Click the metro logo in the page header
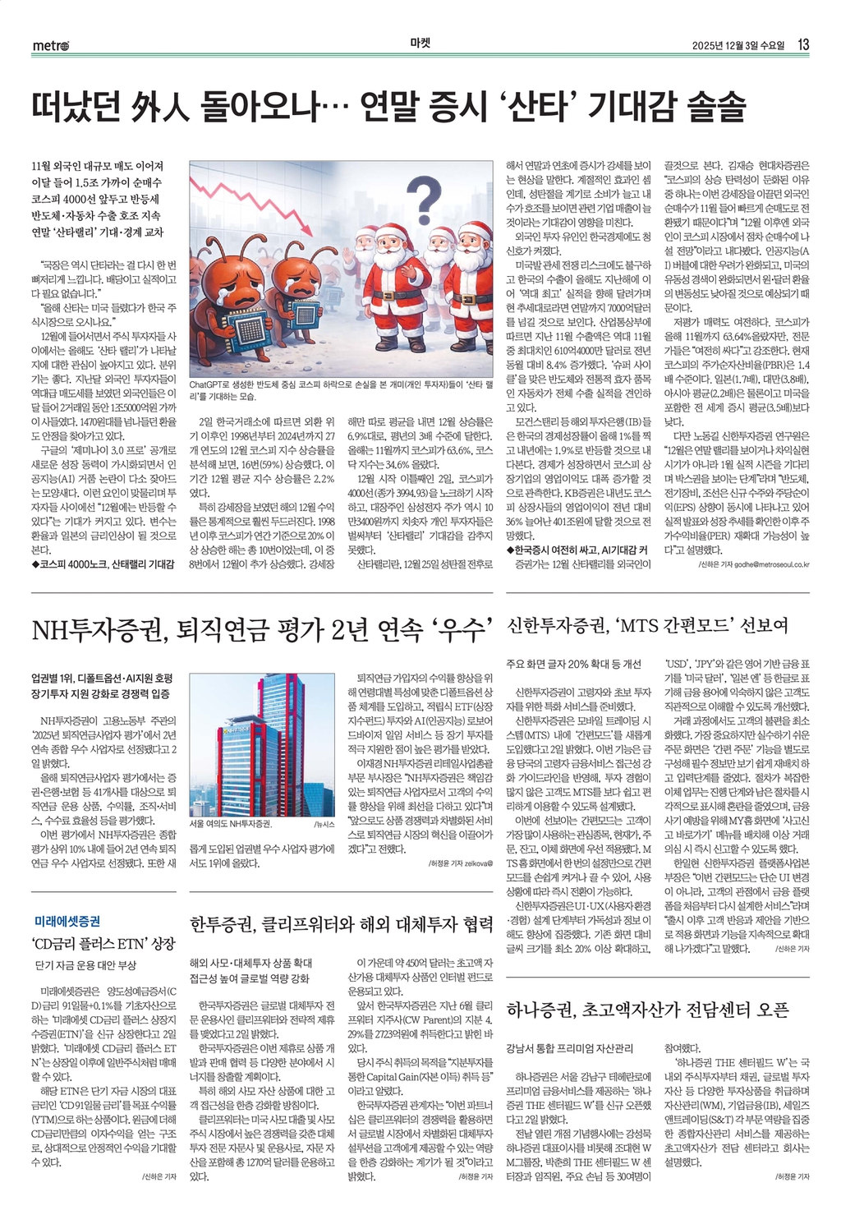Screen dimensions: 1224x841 click(51, 46)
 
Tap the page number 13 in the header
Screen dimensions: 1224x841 click(803, 44)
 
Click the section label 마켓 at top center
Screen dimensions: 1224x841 click(420, 44)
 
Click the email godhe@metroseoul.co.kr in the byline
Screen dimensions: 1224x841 click(761, 564)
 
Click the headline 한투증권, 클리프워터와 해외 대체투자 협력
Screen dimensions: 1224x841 click(341, 924)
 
